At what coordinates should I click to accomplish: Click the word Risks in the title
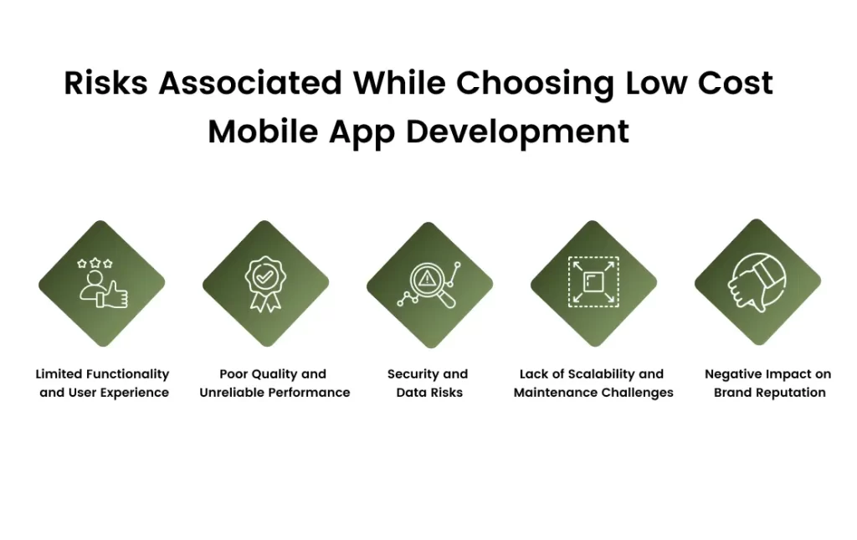[x=106, y=83]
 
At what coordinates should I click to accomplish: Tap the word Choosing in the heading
[x=535, y=85]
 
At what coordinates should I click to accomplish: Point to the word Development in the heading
[x=517, y=133]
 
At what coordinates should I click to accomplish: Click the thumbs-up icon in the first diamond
[x=113, y=295]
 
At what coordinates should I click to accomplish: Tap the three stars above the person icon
[x=95, y=264]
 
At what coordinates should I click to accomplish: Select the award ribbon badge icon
[x=265, y=284]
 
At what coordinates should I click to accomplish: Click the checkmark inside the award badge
[x=265, y=276]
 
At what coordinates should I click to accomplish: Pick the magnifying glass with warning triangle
[x=430, y=285]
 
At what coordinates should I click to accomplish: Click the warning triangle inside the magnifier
[x=426, y=280]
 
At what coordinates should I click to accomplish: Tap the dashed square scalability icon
[x=593, y=282]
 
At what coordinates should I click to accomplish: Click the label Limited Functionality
[x=102, y=374]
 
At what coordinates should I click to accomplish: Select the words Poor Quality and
[x=273, y=374]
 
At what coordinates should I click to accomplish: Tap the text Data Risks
[x=429, y=393]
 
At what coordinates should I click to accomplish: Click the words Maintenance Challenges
[x=593, y=393]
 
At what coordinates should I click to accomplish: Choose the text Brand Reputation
[x=770, y=393]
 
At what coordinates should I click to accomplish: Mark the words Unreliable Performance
[x=275, y=393]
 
